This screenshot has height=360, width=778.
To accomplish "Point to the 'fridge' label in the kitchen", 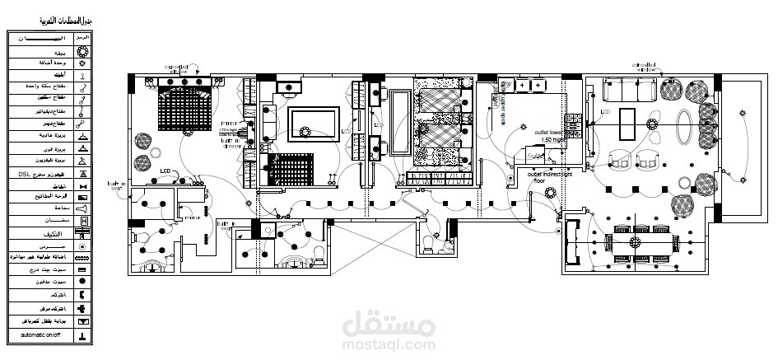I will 534,156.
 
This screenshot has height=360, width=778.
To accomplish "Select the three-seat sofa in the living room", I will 629,87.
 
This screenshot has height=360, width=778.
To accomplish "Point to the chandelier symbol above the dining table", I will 635,242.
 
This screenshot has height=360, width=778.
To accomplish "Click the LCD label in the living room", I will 605,110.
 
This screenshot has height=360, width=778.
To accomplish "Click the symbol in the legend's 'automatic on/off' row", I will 82,336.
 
